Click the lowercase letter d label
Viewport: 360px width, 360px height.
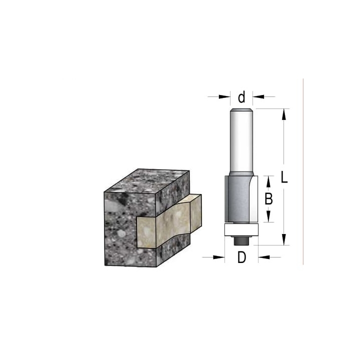241,97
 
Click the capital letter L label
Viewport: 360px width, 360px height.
284,177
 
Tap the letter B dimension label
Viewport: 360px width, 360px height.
268,199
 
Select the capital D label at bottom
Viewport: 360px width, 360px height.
241,257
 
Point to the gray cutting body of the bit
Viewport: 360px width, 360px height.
239,199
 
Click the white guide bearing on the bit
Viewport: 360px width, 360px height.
241,229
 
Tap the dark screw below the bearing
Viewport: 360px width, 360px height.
241,240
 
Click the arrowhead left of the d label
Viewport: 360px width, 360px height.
224,96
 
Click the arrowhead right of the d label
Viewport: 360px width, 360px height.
258,96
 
